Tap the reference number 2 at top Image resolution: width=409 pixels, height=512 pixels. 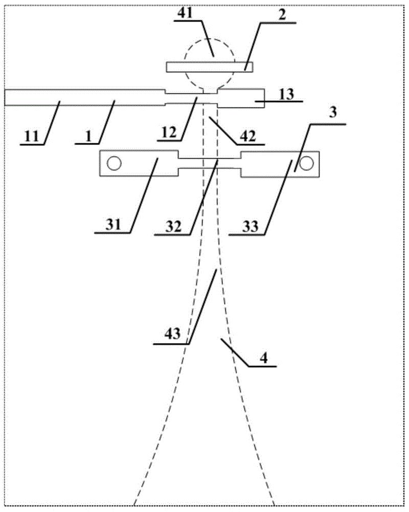pos(282,15)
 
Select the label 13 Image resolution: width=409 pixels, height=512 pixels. pos(286,94)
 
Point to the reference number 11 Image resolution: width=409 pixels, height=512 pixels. pos(32,136)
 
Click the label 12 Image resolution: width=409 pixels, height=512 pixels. pos(169,133)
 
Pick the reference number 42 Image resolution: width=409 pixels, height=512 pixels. pos(248,136)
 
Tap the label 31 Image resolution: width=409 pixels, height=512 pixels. pos(113,225)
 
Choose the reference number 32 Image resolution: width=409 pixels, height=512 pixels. pos(173,226)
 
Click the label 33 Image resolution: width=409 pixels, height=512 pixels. pos(250,226)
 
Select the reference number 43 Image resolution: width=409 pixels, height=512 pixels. pos(172,334)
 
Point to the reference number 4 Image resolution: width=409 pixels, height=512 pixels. pos(263,358)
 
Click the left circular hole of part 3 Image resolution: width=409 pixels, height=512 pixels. pos(114,163)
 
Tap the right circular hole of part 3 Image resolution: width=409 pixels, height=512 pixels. pos(306,163)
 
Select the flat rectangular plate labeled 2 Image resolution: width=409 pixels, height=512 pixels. pos(210,67)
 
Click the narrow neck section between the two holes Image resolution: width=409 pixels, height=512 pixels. pos(210,163)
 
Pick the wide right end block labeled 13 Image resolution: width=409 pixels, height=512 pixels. pos(241,98)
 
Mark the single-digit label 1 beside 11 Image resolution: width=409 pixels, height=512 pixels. pos(88,137)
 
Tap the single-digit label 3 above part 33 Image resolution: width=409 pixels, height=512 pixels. pos(333,113)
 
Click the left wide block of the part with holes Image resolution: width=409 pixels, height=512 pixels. pos(139,163)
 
